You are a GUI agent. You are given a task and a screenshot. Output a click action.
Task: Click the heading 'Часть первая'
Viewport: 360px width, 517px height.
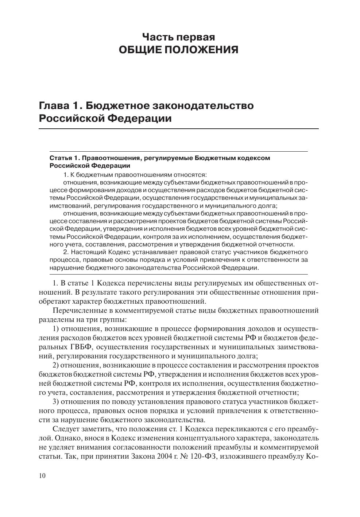[x=178, y=37]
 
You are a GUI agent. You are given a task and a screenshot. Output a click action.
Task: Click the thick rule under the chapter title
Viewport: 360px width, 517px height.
[x=178, y=129]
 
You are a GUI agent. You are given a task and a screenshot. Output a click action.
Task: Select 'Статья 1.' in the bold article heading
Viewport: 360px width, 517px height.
[x=64, y=158]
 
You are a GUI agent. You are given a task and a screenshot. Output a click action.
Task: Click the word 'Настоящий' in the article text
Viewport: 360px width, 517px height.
[x=88, y=252]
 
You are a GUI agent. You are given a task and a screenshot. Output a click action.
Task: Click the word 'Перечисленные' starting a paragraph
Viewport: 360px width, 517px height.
[x=76, y=311]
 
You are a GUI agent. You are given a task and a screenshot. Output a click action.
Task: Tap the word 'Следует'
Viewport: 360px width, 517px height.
[x=65, y=429]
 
